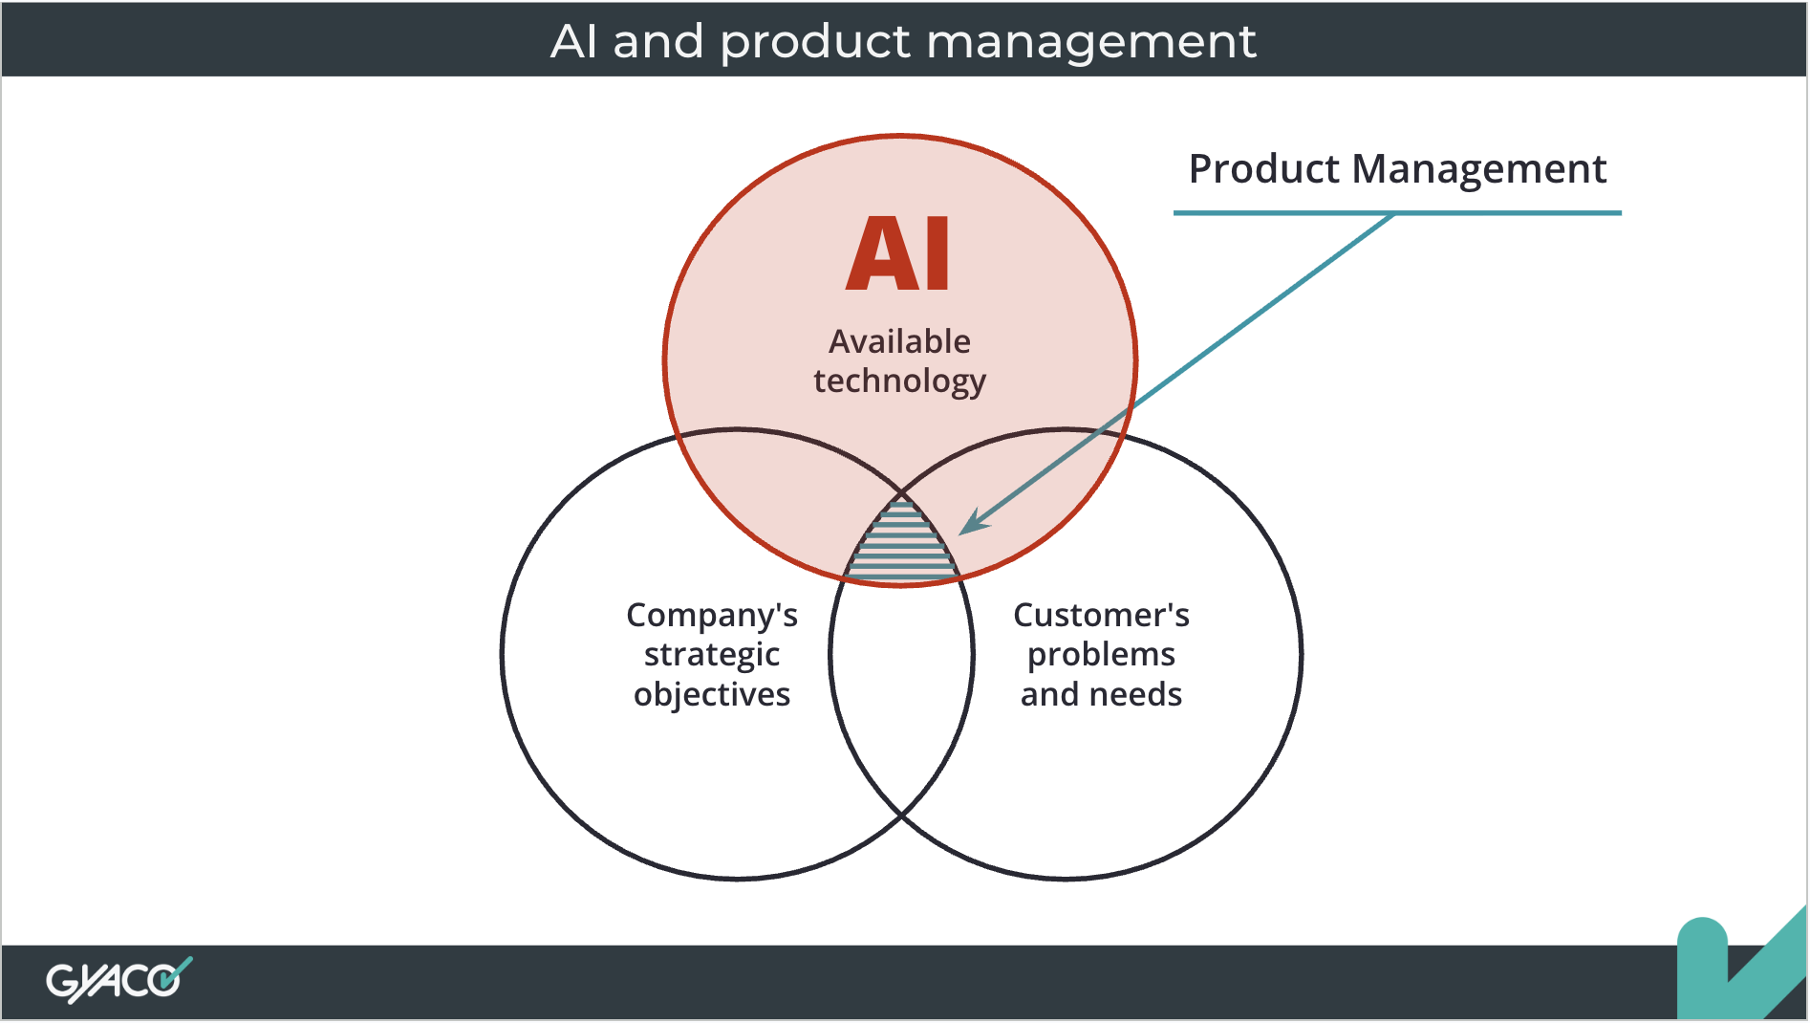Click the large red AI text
point(898,253)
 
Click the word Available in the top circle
point(899,341)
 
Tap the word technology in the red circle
point(899,381)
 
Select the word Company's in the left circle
point(712,616)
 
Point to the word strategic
point(712,655)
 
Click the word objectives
point(712,694)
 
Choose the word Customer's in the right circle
point(1101,615)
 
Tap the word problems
point(1101,655)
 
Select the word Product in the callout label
point(1263,169)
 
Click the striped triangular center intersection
point(902,550)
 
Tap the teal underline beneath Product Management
point(1396,212)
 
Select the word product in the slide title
point(814,41)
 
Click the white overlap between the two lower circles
point(902,688)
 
